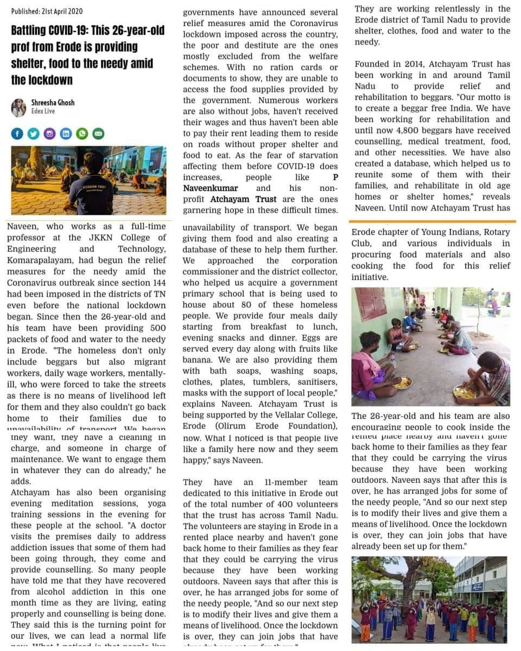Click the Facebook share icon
17,133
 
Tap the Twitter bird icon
34,133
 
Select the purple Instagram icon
50,133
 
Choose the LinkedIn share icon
66,133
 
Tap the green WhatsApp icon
82,133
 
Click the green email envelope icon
98,133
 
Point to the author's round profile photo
18,107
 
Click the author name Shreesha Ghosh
53,103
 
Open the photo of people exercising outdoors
429,599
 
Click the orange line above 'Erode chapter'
432,221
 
